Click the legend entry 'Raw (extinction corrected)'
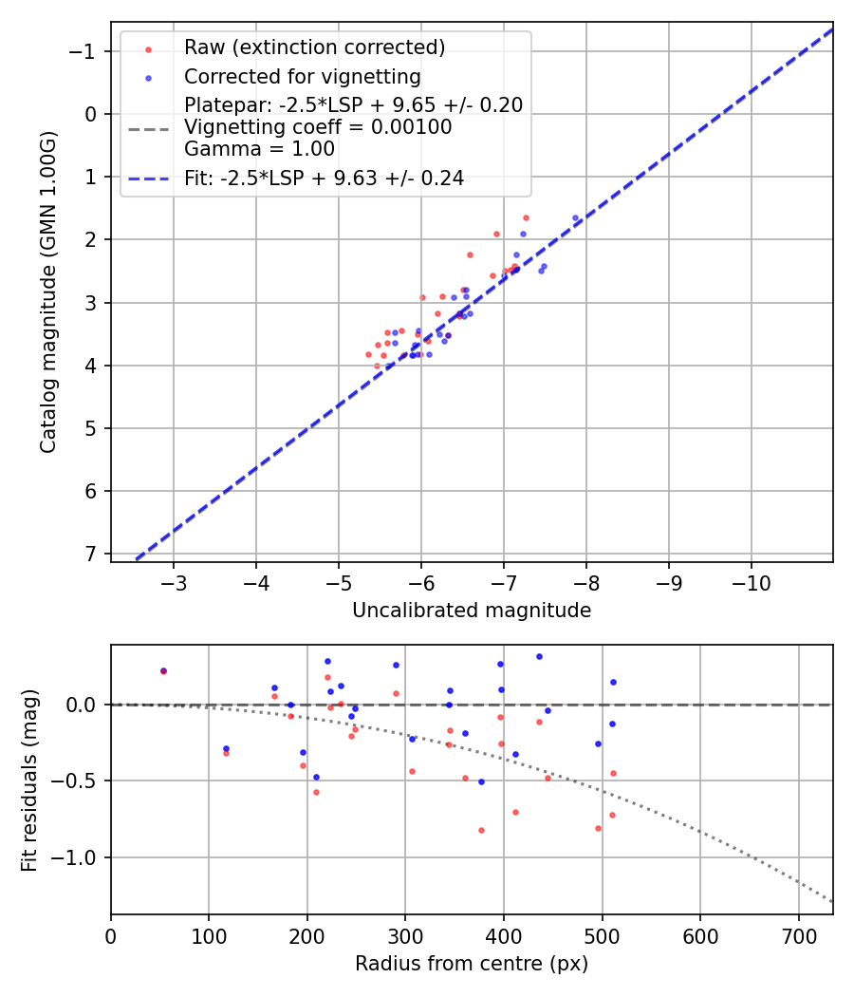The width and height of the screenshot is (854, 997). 314,47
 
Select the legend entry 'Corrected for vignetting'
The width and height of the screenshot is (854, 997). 303,76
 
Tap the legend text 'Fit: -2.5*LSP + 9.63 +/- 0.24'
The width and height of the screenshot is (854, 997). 324,178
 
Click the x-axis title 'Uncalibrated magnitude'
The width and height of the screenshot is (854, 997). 472,611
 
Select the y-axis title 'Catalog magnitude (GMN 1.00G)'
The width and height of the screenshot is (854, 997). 49,292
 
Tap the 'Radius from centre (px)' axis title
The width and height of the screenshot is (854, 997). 472,964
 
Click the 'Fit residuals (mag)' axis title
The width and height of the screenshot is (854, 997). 29,781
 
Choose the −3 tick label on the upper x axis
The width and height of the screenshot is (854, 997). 174,579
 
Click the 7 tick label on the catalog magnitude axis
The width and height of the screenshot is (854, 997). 91,554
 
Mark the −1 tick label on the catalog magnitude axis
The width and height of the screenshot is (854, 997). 84,50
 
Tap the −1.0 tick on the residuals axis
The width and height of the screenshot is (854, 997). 79,857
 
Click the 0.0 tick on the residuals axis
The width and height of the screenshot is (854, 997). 84,705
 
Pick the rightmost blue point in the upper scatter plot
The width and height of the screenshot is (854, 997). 575,217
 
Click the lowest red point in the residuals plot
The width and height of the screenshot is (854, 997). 481,830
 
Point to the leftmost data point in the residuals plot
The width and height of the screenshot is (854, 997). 163,670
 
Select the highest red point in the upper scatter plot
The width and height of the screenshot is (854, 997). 526,217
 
